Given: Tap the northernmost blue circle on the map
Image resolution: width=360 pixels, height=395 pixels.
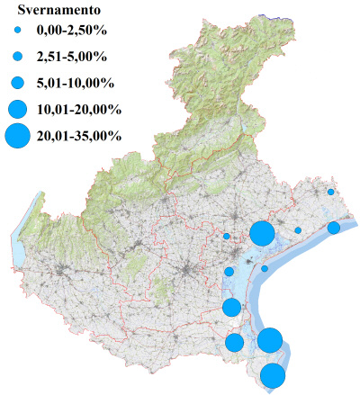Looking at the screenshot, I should click(x=331, y=192).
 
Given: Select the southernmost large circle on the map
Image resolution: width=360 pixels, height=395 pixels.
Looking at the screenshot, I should click(x=274, y=376).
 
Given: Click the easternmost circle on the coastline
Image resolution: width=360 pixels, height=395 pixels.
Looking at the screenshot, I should click(x=333, y=228).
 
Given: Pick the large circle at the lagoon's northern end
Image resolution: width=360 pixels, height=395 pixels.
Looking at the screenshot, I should click(x=262, y=233).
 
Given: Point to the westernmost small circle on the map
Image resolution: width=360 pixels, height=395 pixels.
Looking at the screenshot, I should click(x=227, y=237).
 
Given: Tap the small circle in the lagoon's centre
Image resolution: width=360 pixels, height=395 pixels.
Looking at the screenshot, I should click(x=265, y=268).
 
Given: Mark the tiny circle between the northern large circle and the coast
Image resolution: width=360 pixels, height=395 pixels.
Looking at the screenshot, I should click(x=298, y=230).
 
